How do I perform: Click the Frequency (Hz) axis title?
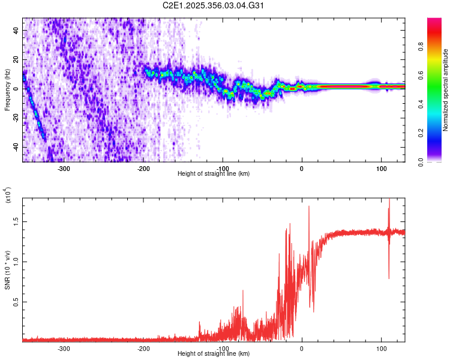[x=7, y=89]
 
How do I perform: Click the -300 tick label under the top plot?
[x=64, y=167]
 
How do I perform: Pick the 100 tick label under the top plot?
[x=381, y=167]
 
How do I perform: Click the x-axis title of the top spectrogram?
[x=214, y=174]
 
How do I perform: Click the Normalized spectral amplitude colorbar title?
[x=445, y=90]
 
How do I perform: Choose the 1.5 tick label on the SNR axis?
[x=15, y=221]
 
